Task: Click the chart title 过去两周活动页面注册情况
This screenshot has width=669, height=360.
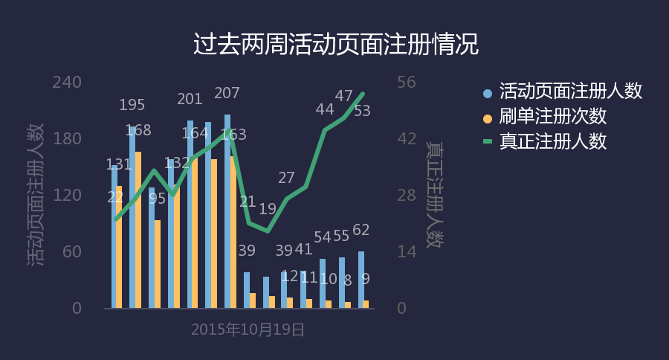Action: pyautogui.click(x=335, y=44)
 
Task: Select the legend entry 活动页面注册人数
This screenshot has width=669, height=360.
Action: pyautogui.click(x=570, y=91)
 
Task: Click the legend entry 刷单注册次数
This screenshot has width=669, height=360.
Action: pyautogui.click(x=552, y=116)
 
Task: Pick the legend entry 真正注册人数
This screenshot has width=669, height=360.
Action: pyautogui.click(x=552, y=141)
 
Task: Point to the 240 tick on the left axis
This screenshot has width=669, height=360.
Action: pyautogui.click(x=66, y=82)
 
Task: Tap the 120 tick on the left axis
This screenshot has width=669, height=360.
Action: pyautogui.click(x=66, y=196)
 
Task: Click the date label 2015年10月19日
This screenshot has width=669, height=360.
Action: pyautogui.click(x=248, y=330)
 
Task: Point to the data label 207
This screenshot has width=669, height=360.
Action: pyautogui.click(x=227, y=94)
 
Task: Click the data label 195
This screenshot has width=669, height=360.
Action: pyautogui.click(x=132, y=105)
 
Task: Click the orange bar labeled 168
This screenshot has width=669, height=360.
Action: pyautogui.click(x=138, y=231)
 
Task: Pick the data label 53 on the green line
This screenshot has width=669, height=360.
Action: pyautogui.click(x=362, y=111)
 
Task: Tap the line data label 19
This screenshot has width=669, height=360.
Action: pyautogui.click(x=268, y=209)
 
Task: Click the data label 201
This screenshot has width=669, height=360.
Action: pyautogui.click(x=190, y=99)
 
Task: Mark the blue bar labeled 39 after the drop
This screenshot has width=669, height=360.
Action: pyautogui.click(x=247, y=290)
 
